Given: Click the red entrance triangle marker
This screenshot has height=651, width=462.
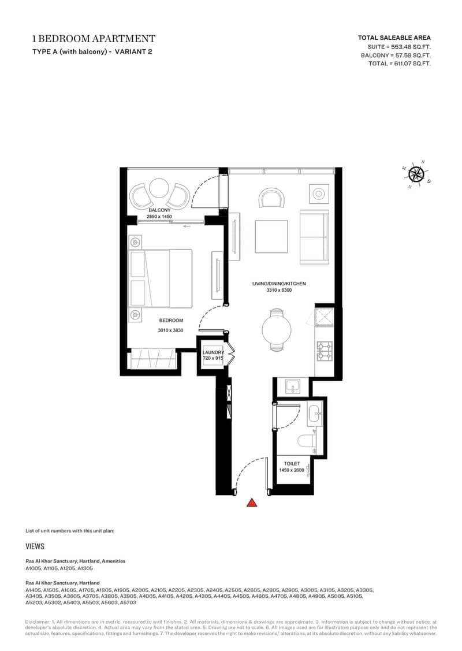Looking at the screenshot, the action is click(252, 503).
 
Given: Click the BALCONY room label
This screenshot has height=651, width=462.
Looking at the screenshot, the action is click(159, 210).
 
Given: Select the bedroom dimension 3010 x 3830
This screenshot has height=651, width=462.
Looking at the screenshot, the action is click(170, 330).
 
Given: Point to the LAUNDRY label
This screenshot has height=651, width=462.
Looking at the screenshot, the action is click(213, 352).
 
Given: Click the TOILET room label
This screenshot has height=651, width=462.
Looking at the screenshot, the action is click(292, 463).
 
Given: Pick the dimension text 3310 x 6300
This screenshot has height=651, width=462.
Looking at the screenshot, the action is click(279, 290).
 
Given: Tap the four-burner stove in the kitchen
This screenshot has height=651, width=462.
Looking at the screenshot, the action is click(326, 351).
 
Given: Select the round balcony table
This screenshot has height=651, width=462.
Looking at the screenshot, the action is click(159, 188).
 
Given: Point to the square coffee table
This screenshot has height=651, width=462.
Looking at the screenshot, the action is click(271, 236).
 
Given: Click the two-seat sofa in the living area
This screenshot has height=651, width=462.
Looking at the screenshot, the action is click(314, 237).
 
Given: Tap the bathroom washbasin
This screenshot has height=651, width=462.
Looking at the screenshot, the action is click(315, 413).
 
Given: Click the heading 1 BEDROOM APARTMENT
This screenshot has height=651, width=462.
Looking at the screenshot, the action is click(94, 39).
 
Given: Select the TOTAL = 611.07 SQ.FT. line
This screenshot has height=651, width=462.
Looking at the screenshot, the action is click(399, 64).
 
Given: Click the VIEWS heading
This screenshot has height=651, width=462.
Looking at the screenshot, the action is click(35, 546).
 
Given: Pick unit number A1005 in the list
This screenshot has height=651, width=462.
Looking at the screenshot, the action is click(33, 568).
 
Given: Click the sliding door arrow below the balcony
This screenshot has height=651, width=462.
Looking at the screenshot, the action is click(186, 226).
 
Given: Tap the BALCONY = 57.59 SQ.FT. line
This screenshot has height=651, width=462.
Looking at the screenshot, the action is click(396, 55).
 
